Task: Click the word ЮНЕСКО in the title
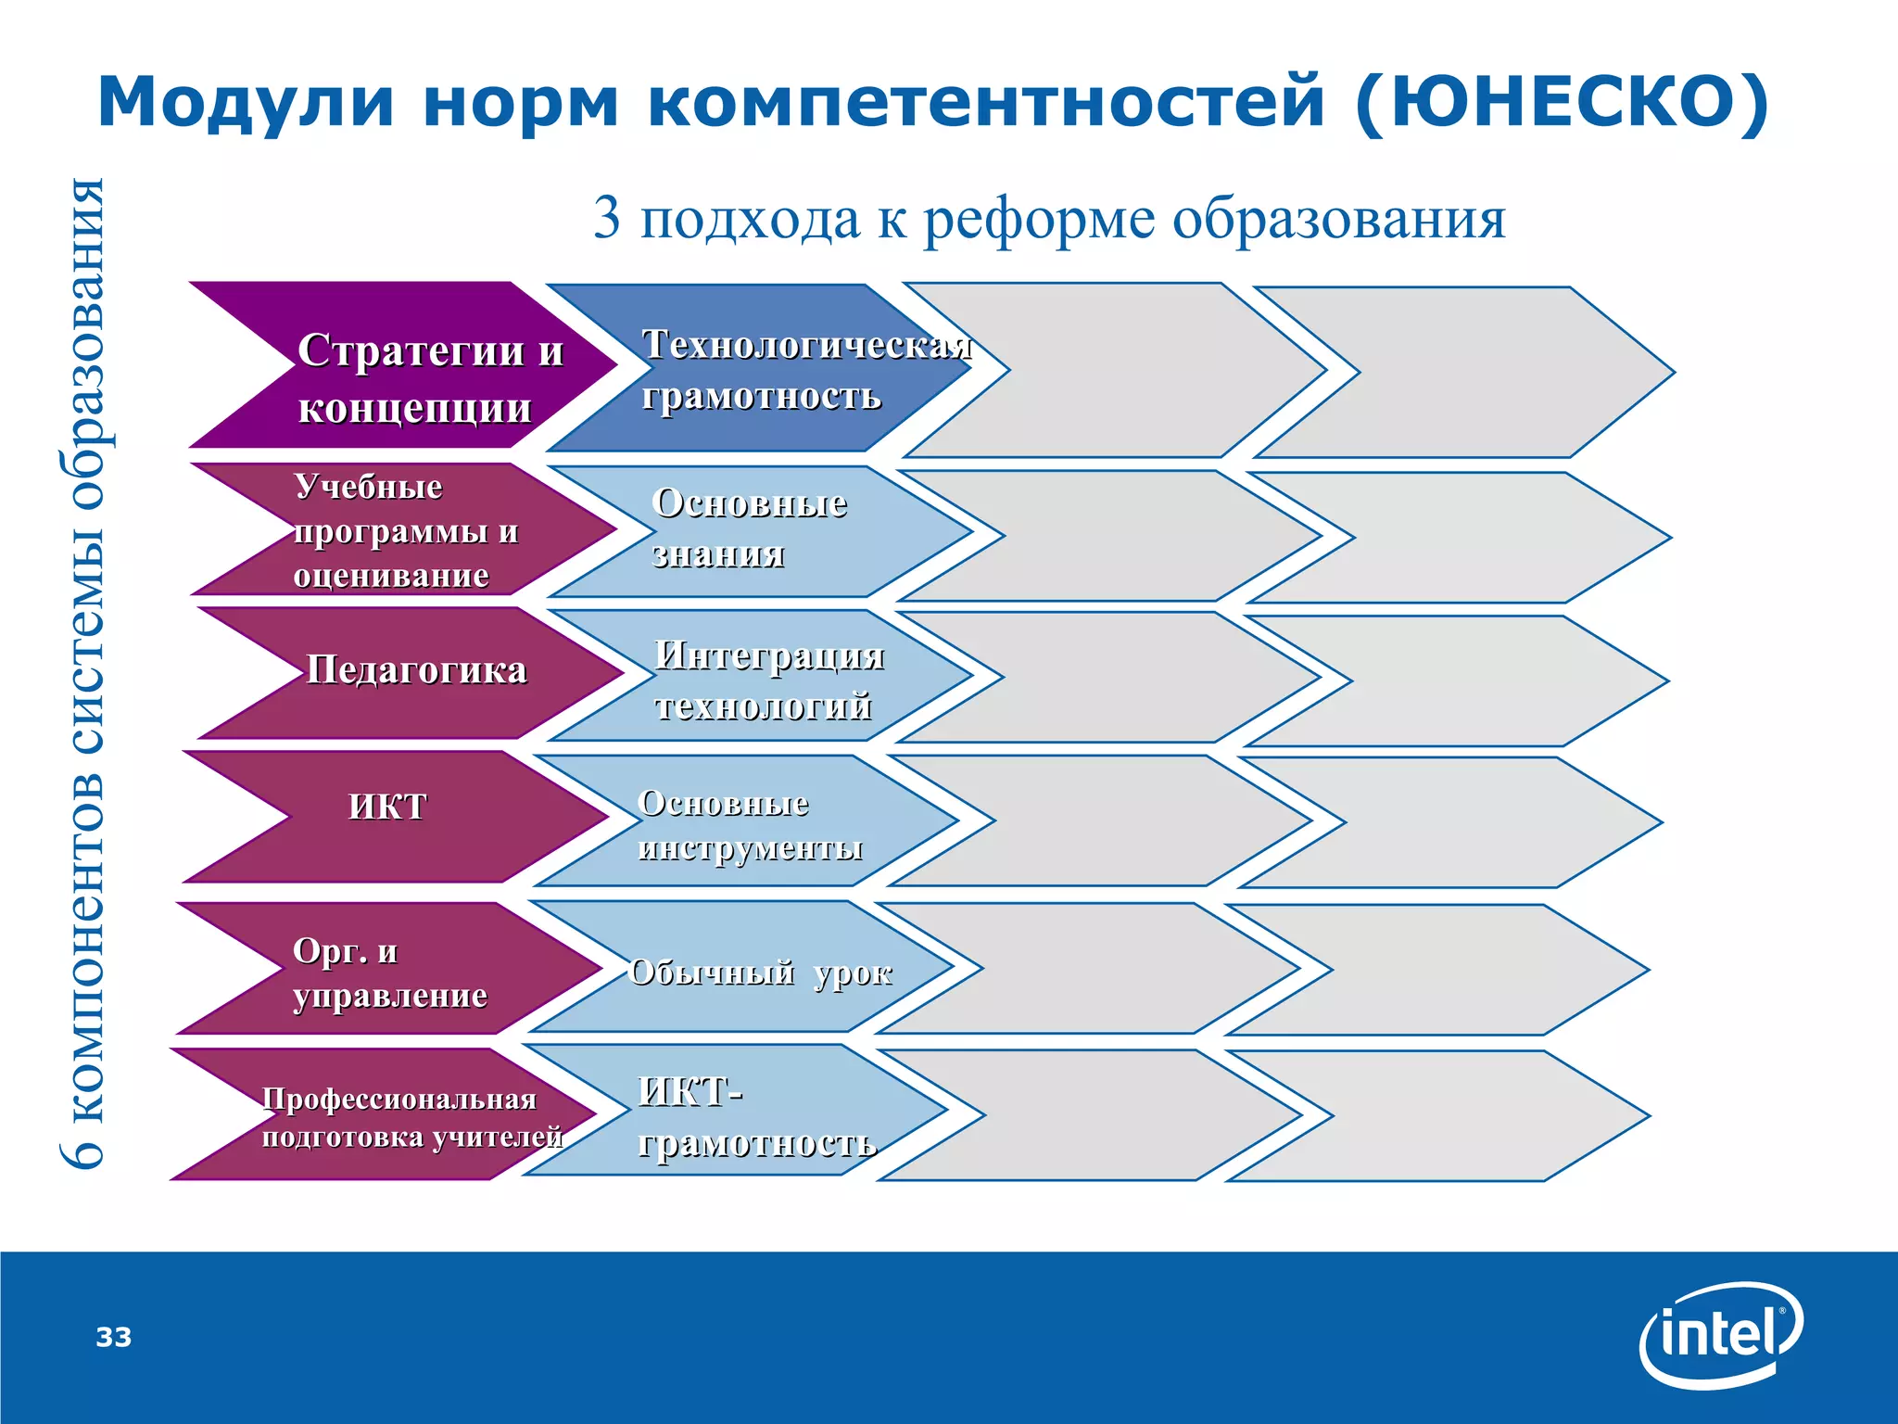pos(1562,102)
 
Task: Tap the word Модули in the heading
pos(246,102)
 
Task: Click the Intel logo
pos(1721,1335)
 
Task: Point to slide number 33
pos(114,1337)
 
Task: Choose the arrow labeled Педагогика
pos(417,671)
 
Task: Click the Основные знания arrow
pos(751,530)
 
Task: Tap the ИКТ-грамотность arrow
pos(741,1116)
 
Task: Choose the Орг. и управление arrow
pos(389,972)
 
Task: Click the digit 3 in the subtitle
pos(606,219)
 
